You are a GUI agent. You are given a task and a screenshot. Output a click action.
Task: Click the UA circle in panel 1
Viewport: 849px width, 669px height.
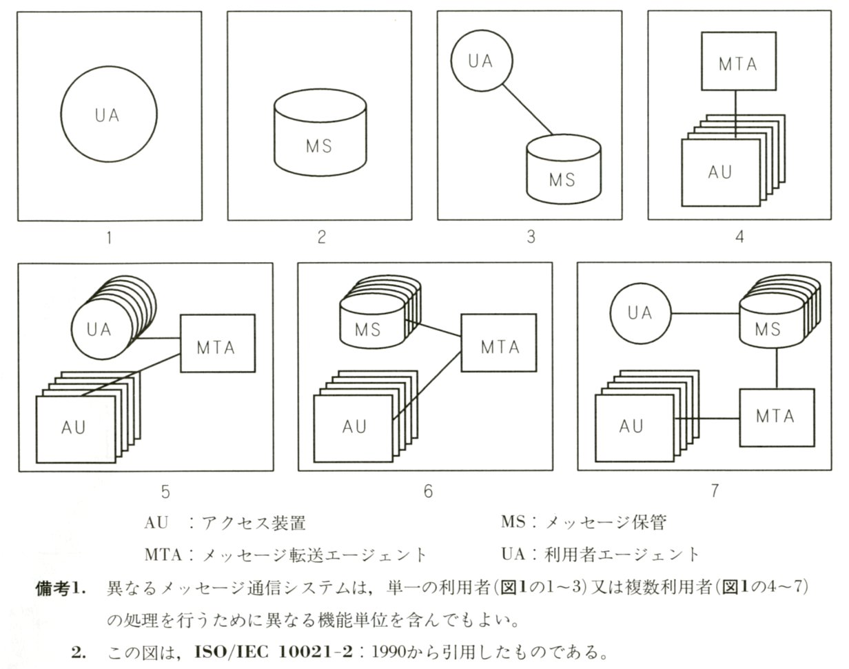[x=108, y=114]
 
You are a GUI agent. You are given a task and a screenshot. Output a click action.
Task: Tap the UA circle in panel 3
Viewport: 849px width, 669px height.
[x=480, y=61]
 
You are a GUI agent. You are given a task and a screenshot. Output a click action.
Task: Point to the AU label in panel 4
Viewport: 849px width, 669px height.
[x=719, y=172]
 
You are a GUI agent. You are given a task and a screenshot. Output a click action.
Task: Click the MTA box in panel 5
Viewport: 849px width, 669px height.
[x=217, y=347]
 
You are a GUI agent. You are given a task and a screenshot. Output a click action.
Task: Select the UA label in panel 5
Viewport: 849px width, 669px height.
[x=99, y=329]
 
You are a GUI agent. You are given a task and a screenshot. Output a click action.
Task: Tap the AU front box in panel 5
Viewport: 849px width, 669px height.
[x=74, y=428]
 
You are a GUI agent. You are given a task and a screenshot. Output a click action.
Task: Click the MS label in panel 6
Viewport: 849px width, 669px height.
[x=367, y=330]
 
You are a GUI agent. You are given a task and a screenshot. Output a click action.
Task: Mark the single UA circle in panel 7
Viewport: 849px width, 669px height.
[x=640, y=313]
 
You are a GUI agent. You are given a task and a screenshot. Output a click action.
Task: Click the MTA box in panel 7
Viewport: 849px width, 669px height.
[x=777, y=417]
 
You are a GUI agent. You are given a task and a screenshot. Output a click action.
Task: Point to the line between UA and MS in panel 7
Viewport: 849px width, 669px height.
[x=705, y=314]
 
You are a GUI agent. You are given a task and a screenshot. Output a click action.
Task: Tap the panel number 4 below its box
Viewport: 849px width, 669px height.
[x=739, y=237]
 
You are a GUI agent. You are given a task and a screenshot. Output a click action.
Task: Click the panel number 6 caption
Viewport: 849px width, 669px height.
[x=428, y=491]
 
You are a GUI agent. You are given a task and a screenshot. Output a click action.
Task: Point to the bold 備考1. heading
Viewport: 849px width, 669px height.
[x=61, y=588]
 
